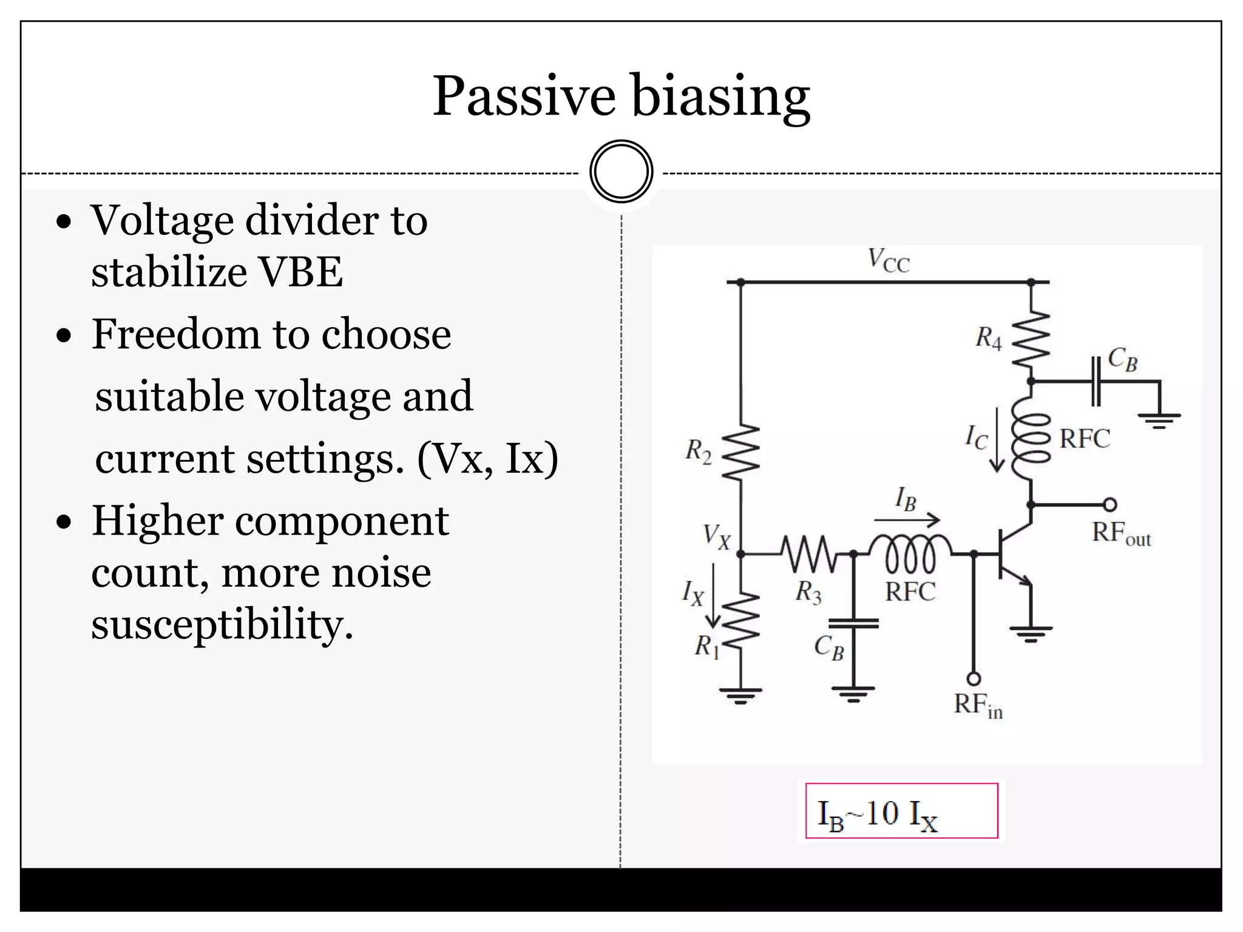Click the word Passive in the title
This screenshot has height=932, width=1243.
coord(523,97)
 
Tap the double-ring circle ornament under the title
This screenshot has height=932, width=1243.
coord(621,171)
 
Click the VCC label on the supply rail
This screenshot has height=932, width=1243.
coord(888,261)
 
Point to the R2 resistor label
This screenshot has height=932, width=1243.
coord(698,451)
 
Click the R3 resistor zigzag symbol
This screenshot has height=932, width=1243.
coord(807,553)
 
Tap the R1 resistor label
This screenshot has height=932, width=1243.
coord(706,647)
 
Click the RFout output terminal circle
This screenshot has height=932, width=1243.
coord(1109,505)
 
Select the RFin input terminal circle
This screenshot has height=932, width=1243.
coord(974,678)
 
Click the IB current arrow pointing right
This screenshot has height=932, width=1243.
coord(907,520)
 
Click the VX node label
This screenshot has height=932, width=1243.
coord(716,537)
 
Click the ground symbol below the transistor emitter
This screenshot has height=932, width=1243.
coord(1031,633)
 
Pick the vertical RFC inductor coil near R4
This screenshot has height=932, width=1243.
coord(1031,438)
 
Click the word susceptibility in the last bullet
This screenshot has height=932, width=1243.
coord(222,625)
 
